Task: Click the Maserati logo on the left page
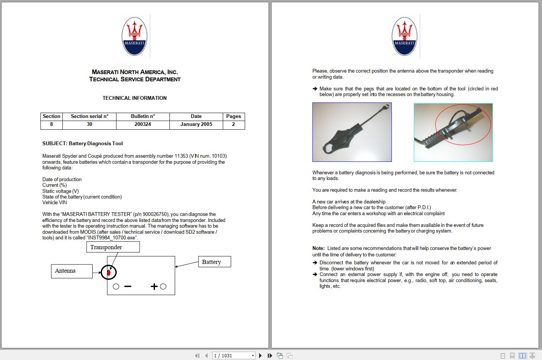pyautogui.click(x=134, y=36)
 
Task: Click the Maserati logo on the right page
pyautogui.click(x=404, y=36)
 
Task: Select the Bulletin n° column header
pyautogui.click(x=143, y=116)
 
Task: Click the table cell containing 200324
pyautogui.click(x=143, y=124)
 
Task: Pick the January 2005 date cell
pyautogui.click(x=196, y=124)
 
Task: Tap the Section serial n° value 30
pyautogui.click(x=89, y=124)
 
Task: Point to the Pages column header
pyautogui.click(x=233, y=116)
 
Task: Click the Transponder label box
pyautogui.click(x=113, y=247)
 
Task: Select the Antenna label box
pyautogui.click(x=71, y=271)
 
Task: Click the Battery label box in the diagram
pyautogui.click(x=214, y=262)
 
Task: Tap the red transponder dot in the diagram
pyautogui.click(x=109, y=272)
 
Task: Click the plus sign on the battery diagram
pyautogui.click(x=154, y=287)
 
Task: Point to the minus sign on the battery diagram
pyautogui.click(x=128, y=287)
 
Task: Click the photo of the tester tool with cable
pyautogui.click(x=352, y=132)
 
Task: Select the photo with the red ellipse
pyautogui.click(x=453, y=132)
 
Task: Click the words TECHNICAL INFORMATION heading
pyautogui.click(x=134, y=98)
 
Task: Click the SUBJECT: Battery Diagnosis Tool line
pyautogui.click(x=82, y=144)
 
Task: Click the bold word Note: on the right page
pyautogui.click(x=318, y=248)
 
